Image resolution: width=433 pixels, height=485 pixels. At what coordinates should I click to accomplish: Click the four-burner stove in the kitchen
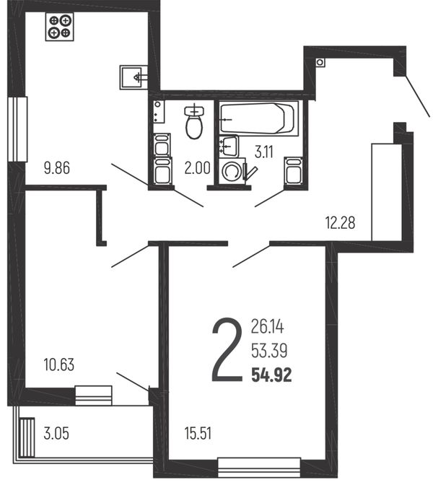(x=60, y=27)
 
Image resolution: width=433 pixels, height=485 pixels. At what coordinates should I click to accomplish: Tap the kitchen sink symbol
(x=134, y=77)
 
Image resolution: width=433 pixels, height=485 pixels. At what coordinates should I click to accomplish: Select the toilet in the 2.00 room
(x=194, y=123)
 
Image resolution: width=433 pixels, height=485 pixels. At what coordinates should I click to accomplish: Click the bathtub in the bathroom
(x=258, y=118)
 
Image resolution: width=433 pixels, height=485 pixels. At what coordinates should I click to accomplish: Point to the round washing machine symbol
(x=232, y=172)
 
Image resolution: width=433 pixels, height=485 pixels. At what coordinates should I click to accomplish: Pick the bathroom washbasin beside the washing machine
(x=229, y=146)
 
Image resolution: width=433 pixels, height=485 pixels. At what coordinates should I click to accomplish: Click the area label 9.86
(x=57, y=168)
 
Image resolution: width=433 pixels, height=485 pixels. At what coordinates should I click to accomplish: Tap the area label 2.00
(x=197, y=168)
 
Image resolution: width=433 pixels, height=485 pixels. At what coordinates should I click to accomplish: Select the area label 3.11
(x=264, y=152)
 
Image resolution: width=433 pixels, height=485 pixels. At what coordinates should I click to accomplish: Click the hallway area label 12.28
(x=340, y=223)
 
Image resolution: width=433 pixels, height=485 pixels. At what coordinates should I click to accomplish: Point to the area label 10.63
(x=59, y=364)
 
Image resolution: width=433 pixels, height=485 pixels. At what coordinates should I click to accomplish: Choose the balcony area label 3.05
(x=56, y=433)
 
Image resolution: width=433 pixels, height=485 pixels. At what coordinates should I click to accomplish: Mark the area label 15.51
(x=198, y=433)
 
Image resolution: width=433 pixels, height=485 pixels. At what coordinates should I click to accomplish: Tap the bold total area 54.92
(x=271, y=375)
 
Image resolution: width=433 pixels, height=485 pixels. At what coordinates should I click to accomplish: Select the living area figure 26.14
(x=267, y=327)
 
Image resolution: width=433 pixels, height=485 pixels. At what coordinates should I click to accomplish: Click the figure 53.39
(x=269, y=351)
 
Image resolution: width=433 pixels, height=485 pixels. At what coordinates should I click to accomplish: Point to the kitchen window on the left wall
(x=17, y=129)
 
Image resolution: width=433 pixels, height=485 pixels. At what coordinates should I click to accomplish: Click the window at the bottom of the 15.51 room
(x=259, y=468)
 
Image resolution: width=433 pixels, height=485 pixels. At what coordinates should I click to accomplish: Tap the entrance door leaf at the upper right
(x=418, y=97)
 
